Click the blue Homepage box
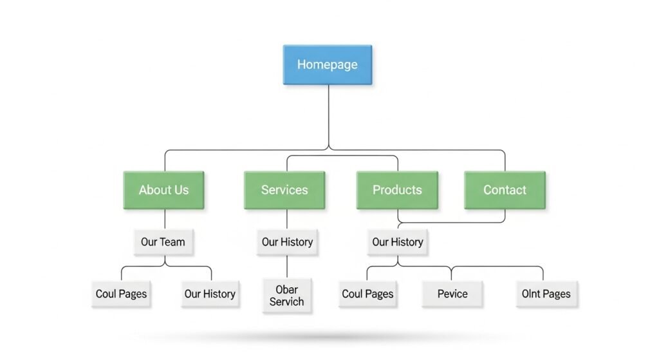pyautogui.click(x=328, y=64)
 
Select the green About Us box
pyautogui.click(x=163, y=190)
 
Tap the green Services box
pyautogui.click(x=284, y=190)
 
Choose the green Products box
pyautogui.click(x=397, y=190)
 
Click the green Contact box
pyautogui.click(x=505, y=190)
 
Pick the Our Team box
pyautogui.click(x=163, y=242)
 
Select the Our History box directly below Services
pyautogui.click(x=287, y=242)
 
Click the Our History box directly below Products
pyautogui.click(x=397, y=242)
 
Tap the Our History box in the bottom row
pyautogui.click(x=210, y=294)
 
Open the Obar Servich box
pyautogui.click(x=287, y=295)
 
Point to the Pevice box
pyautogui.click(x=452, y=294)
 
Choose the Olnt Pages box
pyautogui.click(x=546, y=294)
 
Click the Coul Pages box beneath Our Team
pyautogui.click(x=121, y=294)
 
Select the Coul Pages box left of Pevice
pyautogui.click(x=367, y=294)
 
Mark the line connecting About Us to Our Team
pyautogui.click(x=164, y=220)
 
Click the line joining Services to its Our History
pyautogui.click(x=287, y=220)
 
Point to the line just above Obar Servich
pyautogui.click(x=287, y=267)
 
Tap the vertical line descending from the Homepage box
pyautogui.click(x=328, y=116)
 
